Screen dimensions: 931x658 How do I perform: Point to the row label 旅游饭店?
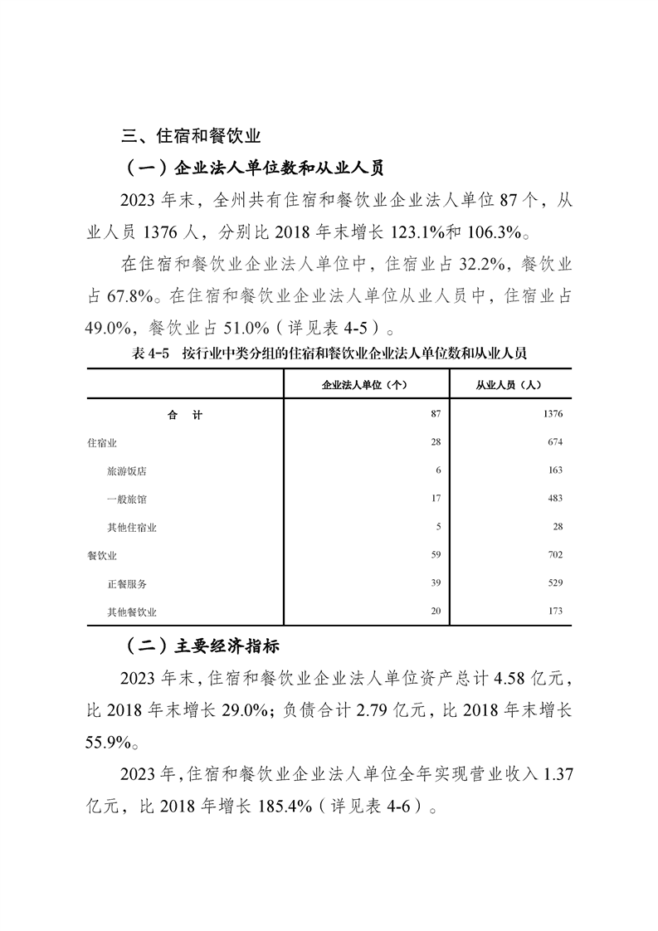coord(127,470)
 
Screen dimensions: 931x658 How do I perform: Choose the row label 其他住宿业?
coord(132,527)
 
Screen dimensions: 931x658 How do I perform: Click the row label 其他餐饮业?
coord(132,612)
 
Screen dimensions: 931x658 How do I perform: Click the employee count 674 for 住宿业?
coord(554,443)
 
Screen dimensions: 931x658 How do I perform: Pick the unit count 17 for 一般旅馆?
coord(435,499)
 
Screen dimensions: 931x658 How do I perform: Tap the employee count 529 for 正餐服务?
coord(554,583)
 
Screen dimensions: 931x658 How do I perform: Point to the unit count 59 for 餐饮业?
coord(435,555)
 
